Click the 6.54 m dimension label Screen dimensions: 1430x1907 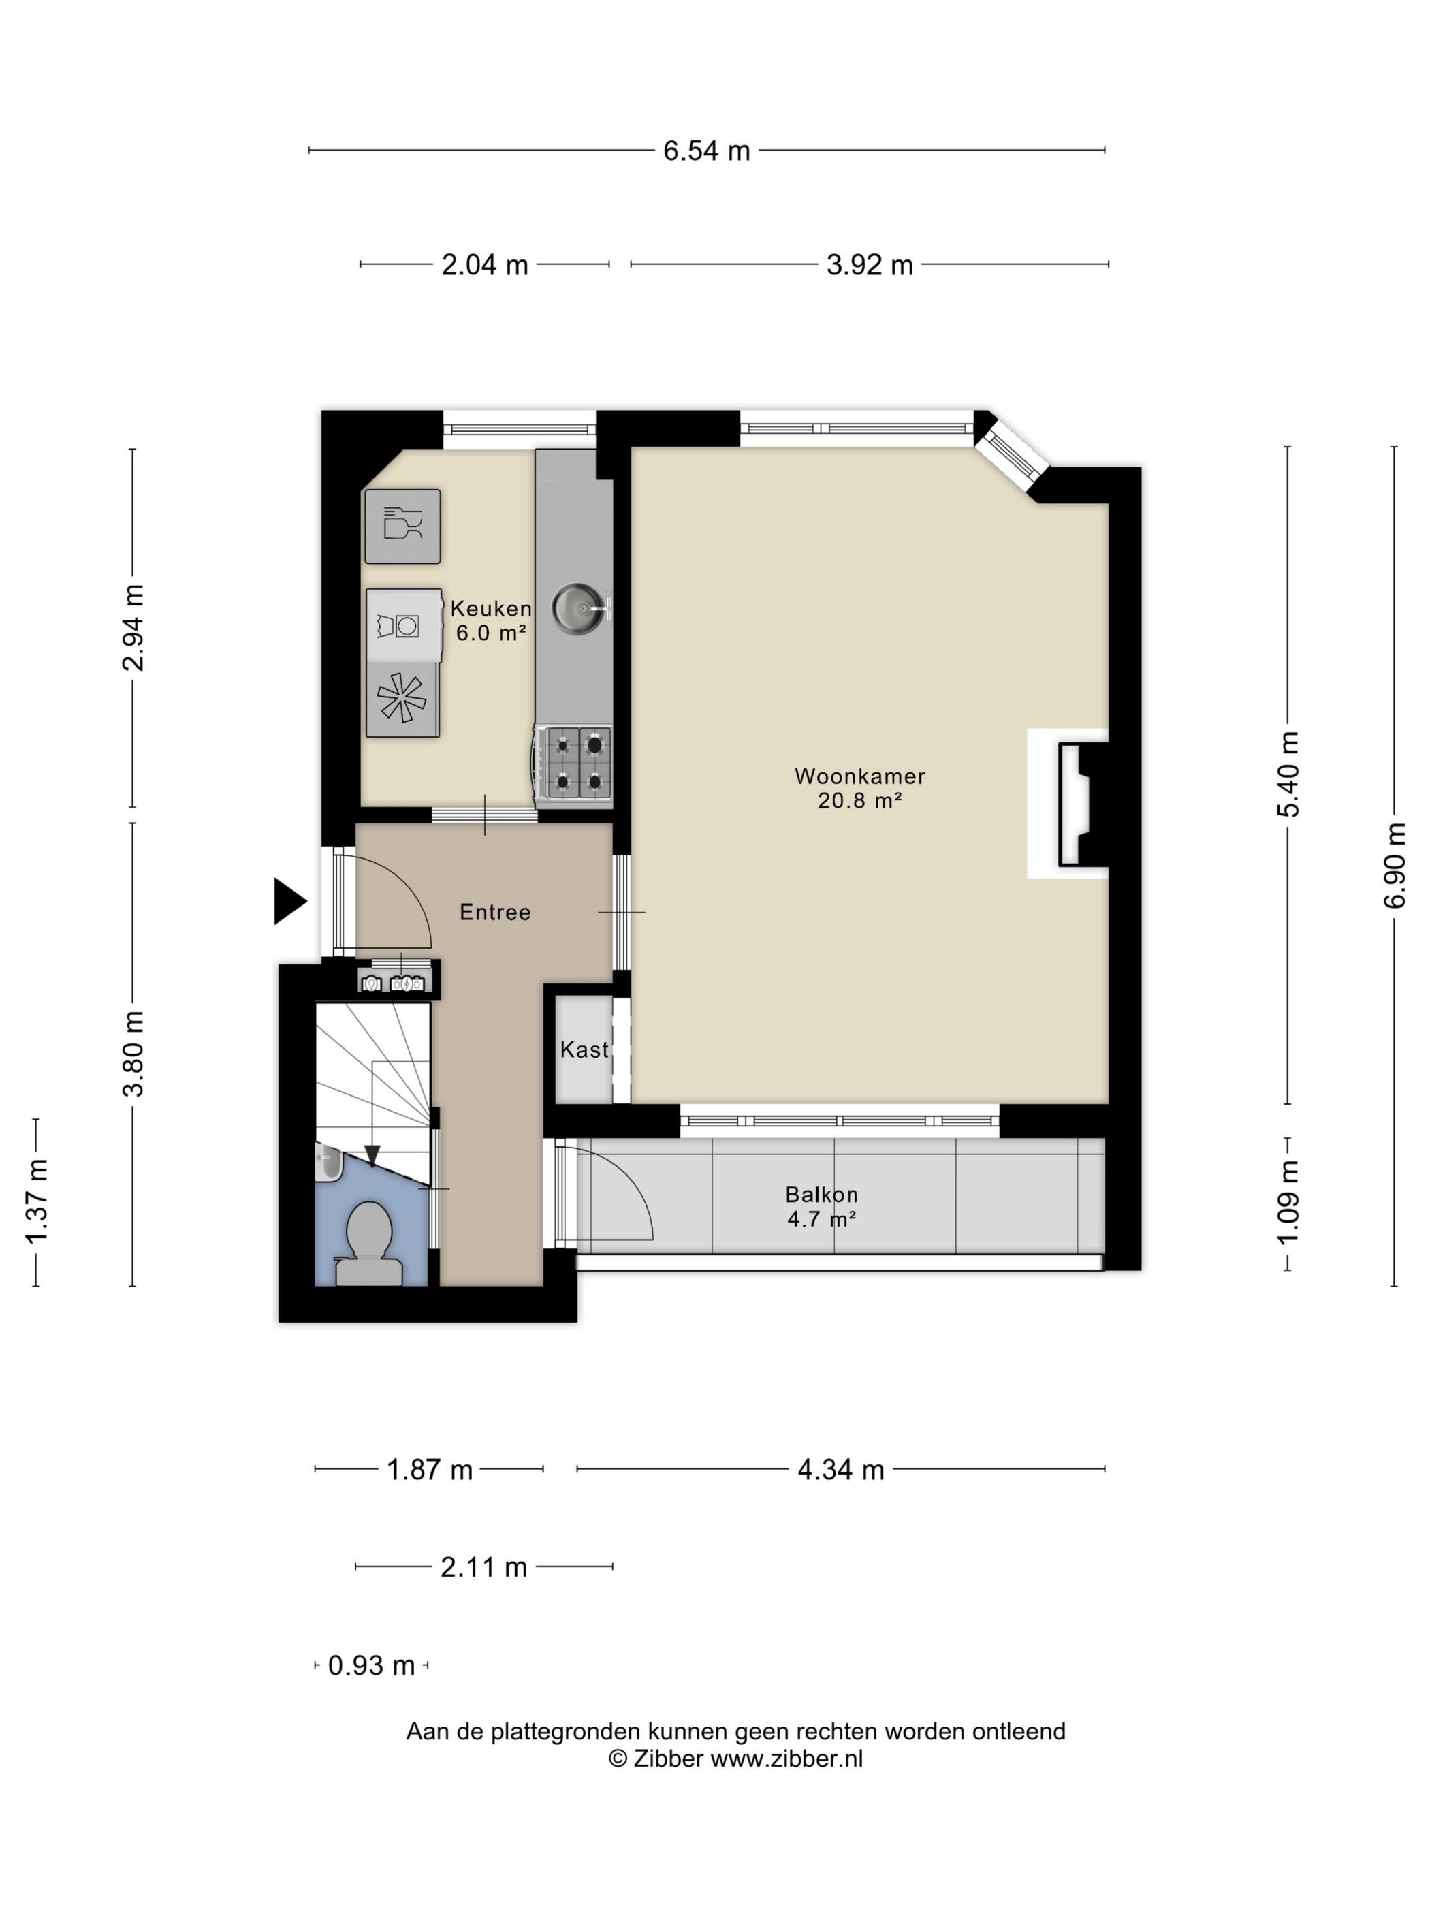(x=706, y=151)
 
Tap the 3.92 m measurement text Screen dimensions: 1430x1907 (x=869, y=265)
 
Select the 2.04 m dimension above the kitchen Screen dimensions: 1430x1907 (x=484, y=265)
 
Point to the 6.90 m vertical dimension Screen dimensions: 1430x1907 (x=1394, y=865)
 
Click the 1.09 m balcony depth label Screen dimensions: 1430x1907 (x=1288, y=1203)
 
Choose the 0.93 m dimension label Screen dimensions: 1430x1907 (x=372, y=1666)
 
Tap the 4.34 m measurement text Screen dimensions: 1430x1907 (x=840, y=1469)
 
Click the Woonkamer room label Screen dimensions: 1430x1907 (x=859, y=776)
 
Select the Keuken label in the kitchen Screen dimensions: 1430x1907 (x=490, y=609)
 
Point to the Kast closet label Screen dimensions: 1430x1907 (x=584, y=1050)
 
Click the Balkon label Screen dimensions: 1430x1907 (x=821, y=1194)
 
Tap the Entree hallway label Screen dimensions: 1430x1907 (x=495, y=912)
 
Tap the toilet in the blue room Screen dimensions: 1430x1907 (x=369, y=1242)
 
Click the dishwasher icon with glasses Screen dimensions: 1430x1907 (x=402, y=526)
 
